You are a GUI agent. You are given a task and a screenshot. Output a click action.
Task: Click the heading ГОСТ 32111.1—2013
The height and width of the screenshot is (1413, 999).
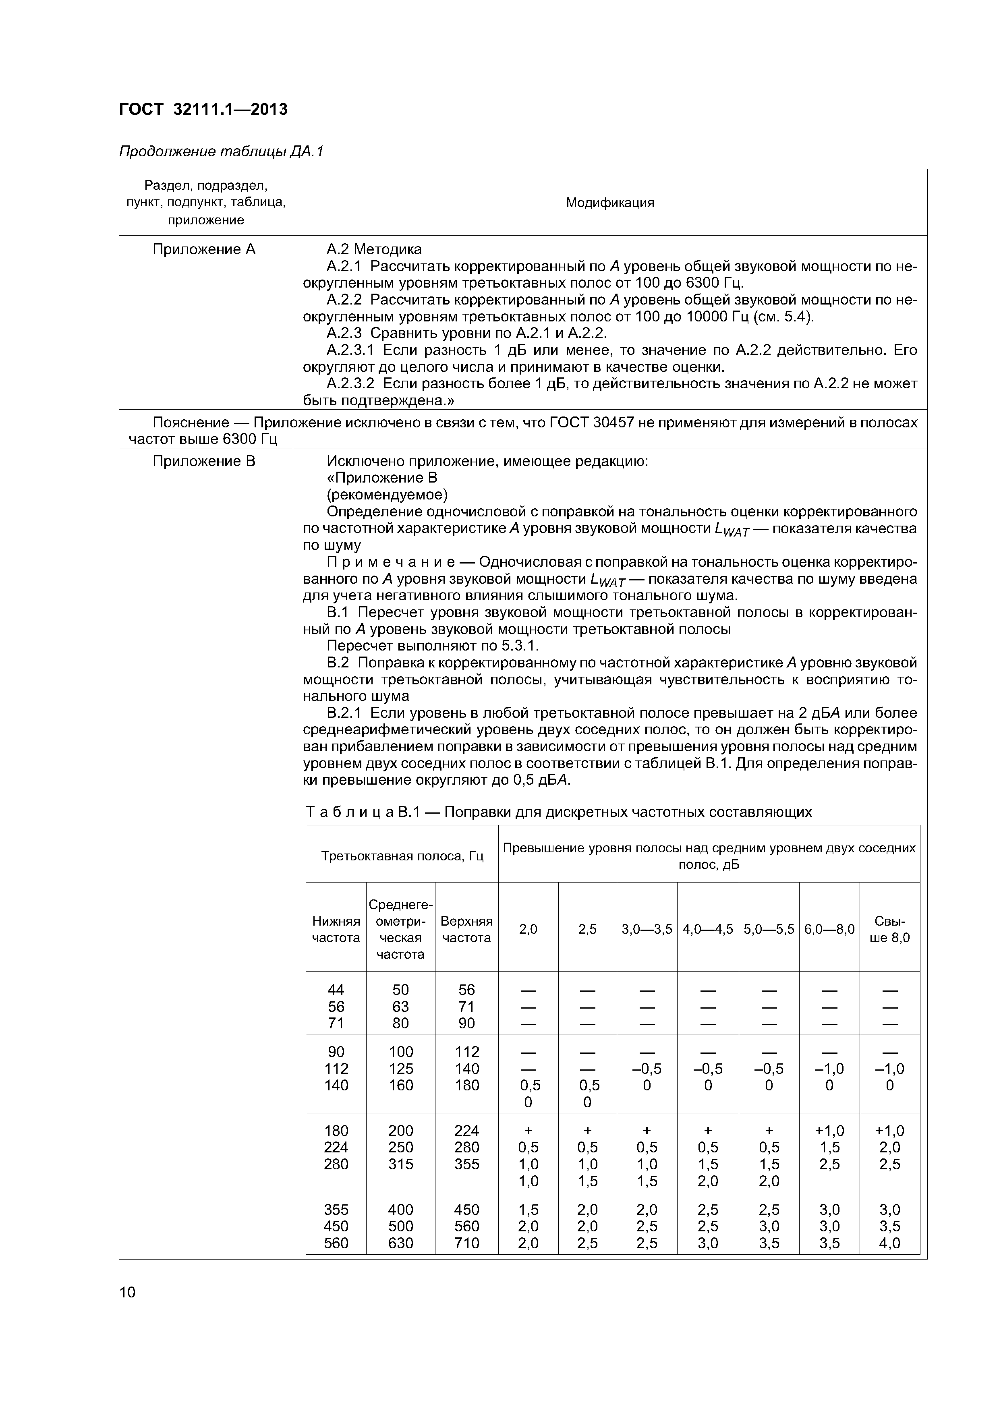click(x=203, y=110)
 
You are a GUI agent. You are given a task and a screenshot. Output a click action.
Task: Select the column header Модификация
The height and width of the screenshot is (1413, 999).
click(x=609, y=203)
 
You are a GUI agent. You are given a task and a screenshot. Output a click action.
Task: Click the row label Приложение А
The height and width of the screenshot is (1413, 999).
click(x=204, y=249)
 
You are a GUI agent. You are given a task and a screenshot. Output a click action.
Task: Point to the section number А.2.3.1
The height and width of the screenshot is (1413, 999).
click(x=350, y=350)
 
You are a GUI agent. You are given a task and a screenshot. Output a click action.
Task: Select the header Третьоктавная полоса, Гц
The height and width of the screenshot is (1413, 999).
click(x=402, y=856)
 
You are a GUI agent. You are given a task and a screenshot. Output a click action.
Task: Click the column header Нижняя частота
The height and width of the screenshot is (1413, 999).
click(x=336, y=929)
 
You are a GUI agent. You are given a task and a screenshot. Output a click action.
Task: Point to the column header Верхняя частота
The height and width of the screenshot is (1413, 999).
click(x=466, y=929)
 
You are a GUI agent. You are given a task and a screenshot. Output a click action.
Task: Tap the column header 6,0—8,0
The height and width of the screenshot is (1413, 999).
click(x=829, y=929)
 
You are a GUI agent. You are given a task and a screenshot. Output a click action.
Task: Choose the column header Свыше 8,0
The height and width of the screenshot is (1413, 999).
click(x=889, y=929)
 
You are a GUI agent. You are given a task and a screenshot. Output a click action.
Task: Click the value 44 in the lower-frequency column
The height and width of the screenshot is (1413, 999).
click(x=336, y=990)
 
